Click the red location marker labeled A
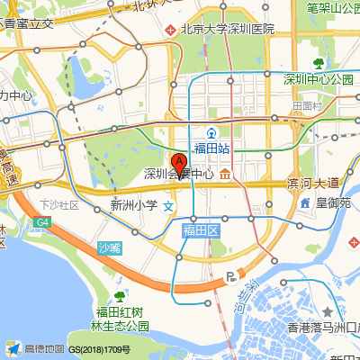[x=179, y=165]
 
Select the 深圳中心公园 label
[x=318, y=79]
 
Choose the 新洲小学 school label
[x=133, y=205]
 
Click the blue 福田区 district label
[x=202, y=231]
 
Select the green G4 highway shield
[x=42, y=221]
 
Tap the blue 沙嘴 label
[x=109, y=248]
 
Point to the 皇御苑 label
[x=332, y=204]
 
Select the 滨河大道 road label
[x=312, y=183]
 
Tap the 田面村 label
[x=307, y=105]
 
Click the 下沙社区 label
[x=59, y=205]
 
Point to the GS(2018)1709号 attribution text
[x=99, y=349]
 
